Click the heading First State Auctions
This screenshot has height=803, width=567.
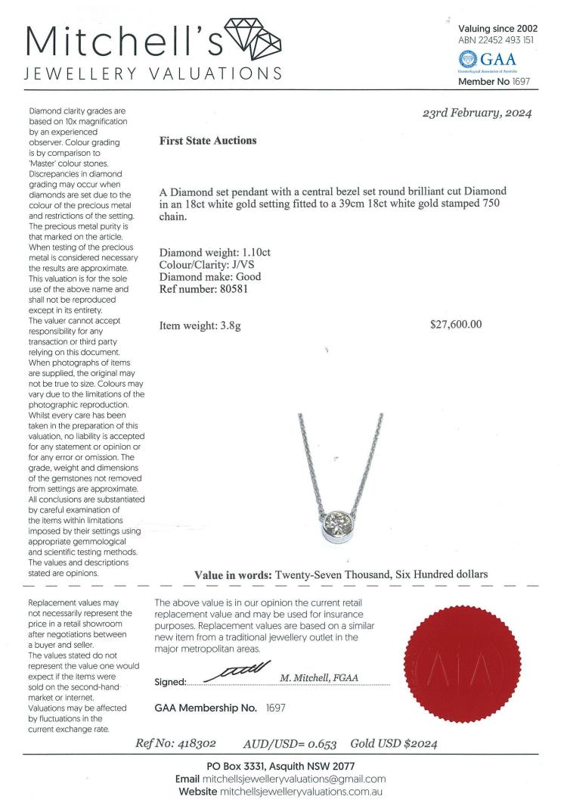click(x=208, y=141)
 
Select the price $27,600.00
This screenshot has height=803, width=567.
click(x=455, y=325)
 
